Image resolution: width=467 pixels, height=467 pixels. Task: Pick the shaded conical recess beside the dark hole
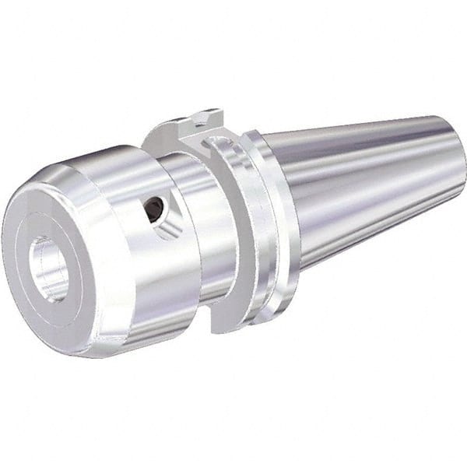tap(167, 225)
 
